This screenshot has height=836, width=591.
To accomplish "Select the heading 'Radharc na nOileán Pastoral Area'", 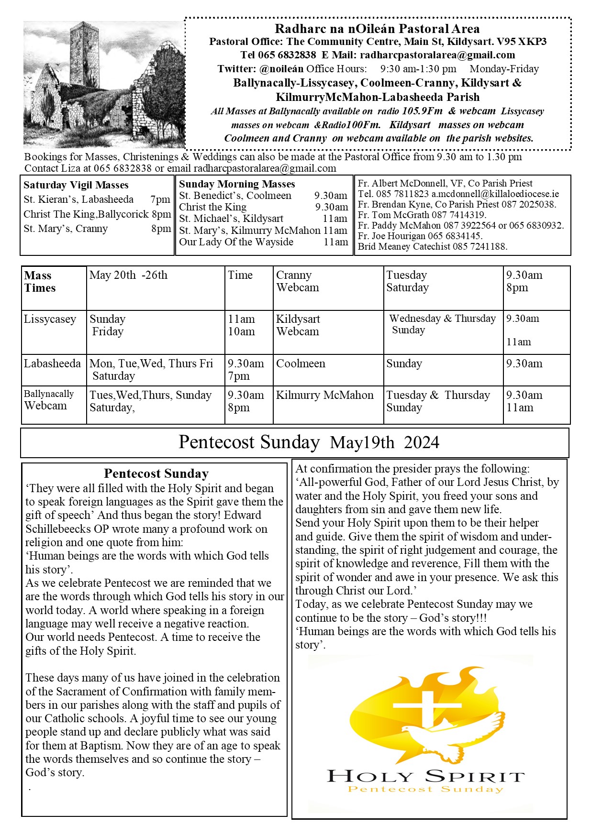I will pos(377,29).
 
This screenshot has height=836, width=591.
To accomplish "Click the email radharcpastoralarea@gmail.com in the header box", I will pos(437,55).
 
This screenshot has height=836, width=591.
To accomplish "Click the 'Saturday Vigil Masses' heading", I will pos(76,185).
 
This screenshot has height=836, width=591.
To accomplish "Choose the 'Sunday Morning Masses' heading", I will pos(237,184).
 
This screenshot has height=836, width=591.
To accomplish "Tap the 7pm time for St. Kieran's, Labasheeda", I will pos(160,199).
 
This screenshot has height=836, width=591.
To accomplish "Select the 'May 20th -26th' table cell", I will pos(128,275).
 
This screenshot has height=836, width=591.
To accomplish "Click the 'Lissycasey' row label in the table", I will pos(50,319).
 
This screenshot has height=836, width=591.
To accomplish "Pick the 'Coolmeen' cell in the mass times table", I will pos(301,363).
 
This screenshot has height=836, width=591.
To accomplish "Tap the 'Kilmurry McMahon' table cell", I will pos(325,395).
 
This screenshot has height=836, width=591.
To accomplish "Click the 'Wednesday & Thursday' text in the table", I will pos(443,319).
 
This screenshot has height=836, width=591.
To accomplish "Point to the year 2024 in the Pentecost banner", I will pos(421,442).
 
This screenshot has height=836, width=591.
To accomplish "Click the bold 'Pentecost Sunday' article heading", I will pos(156,473).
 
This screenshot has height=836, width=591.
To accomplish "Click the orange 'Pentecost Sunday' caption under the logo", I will pos(425,789).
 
